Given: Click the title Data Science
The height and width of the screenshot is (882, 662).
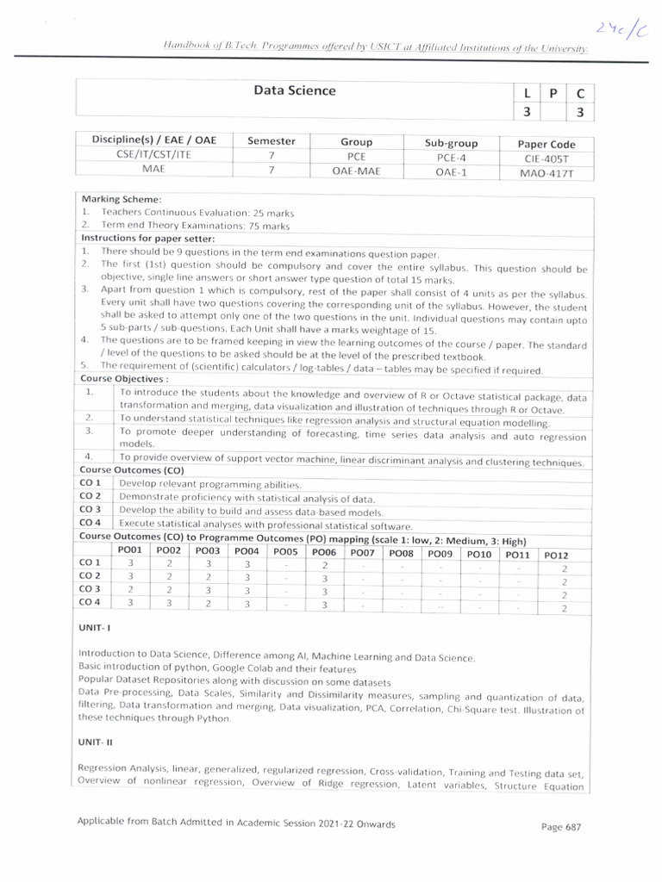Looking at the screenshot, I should pos(294,90).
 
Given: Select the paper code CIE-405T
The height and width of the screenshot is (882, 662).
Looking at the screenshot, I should pos(546,158).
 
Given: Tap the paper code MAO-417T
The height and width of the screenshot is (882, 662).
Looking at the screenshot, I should pos(546,173).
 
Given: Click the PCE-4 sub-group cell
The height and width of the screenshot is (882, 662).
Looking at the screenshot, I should pos(451,158).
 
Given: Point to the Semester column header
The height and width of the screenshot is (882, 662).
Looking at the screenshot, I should pos(271,141).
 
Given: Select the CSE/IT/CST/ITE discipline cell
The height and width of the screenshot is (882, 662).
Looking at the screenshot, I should pos(152,156).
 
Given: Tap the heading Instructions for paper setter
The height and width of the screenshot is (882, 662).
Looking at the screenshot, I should pos(147,238).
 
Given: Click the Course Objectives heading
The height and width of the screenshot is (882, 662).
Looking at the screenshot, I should pos(124,378).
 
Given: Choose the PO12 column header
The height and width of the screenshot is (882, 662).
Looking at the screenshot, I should pos(556,556).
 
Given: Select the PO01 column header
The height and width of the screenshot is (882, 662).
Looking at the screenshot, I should pos(130,550).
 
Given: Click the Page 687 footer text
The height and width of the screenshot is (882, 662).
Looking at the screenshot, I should pos(561,827).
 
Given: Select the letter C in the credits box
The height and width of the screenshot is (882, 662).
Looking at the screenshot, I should pos(580,94).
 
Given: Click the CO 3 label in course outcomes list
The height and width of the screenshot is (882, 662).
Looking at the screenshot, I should pos(91,510).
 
